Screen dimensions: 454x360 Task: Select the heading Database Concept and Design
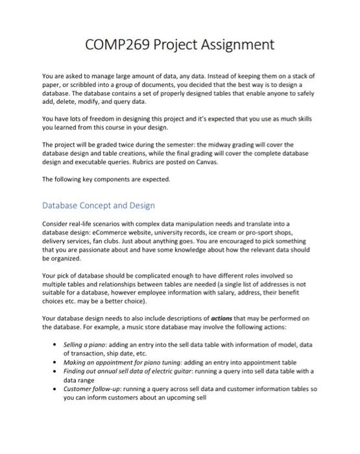click(98, 205)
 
